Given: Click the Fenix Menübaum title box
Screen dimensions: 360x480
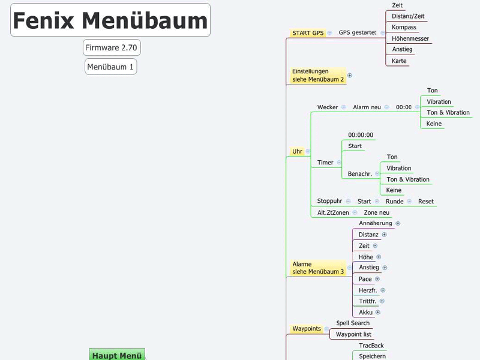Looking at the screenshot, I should point(110,20).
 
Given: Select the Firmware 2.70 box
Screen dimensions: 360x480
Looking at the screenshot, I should point(112,47).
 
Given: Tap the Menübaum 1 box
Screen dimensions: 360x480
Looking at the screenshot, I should point(110,67).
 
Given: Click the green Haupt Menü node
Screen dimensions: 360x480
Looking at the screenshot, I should point(117,355).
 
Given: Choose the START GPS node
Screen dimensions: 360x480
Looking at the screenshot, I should point(308,33).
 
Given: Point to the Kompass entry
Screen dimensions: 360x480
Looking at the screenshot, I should point(404,28).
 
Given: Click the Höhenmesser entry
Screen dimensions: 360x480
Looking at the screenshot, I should point(410,38).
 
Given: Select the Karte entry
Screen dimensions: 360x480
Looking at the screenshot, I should point(399,61).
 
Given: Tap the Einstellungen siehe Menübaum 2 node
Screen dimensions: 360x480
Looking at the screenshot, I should point(318,75).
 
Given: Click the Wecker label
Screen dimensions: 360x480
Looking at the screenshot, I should point(328,107).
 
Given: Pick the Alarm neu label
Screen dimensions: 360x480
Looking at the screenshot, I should point(367,107).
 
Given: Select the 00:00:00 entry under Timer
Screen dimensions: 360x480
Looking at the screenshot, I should point(361,135).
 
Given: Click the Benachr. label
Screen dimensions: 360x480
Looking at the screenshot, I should point(360,174).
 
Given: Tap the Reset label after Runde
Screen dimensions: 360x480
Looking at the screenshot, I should point(426,202).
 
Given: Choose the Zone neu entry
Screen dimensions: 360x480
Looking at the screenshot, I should point(376,212).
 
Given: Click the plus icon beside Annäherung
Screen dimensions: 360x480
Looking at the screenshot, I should point(398,223).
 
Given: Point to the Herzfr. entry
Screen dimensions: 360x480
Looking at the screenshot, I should point(368,290).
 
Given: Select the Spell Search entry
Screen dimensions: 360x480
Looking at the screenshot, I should point(353,323).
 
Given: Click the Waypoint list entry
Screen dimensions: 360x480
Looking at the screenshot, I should point(353,334).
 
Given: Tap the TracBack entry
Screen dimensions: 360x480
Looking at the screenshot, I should point(371,346).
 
